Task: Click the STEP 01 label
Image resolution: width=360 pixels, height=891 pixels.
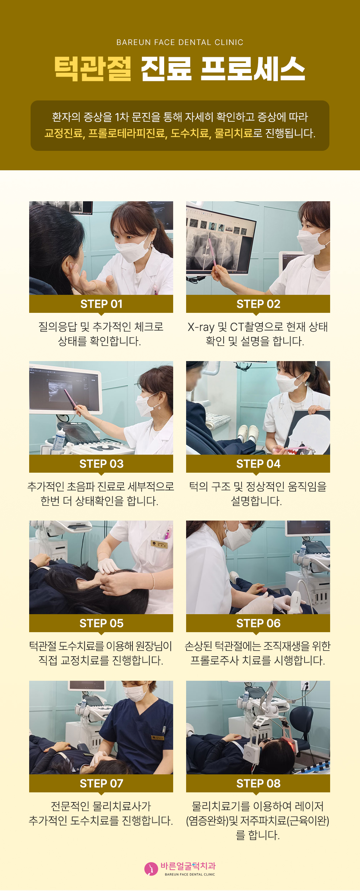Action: (x=101, y=304)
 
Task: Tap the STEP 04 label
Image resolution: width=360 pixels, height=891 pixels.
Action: (x=258, y=464)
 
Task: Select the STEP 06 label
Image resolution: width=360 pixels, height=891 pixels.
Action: (x=258, y=624)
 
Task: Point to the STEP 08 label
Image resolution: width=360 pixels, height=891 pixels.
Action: (x=258, y=783)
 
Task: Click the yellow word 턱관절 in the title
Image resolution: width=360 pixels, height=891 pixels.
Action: (x=93, y=68)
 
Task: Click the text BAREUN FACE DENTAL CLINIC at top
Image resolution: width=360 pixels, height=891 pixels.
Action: (x=180, y=42)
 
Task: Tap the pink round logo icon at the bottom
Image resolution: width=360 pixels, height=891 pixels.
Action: (x=151, y=869)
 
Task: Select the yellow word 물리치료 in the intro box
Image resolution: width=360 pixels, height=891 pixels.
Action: (x=233, y=134)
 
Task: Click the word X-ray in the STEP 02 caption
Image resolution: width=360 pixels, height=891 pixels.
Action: (x=201, y=327)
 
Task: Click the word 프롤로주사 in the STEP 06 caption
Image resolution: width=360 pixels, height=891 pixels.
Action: (x=214, y=661)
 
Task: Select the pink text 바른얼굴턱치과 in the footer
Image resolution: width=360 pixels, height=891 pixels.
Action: (x=188, y=866)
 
